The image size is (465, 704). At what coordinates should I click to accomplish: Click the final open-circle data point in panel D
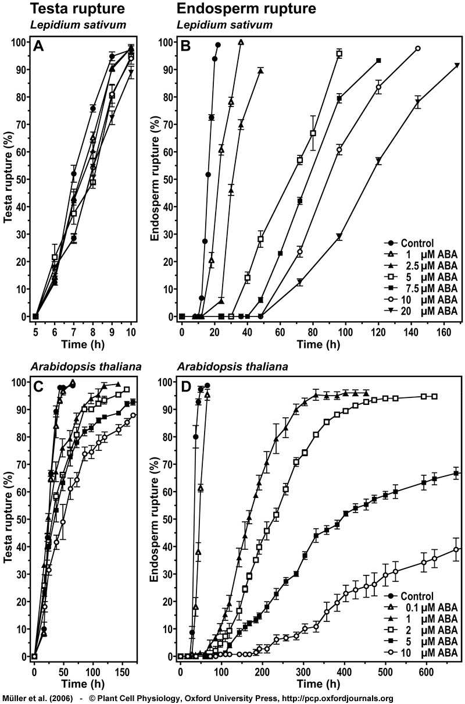pyautogui.click(x=456, y=549)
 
